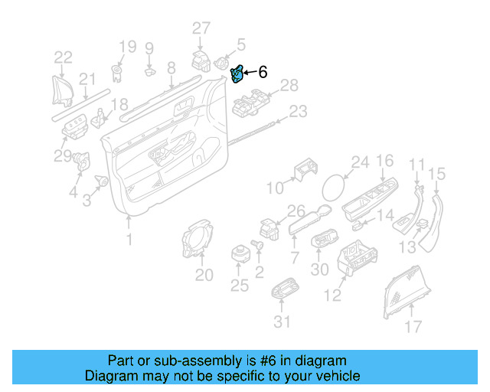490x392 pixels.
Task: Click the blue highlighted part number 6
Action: pos(237,73)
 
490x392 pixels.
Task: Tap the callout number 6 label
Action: pos(263,73)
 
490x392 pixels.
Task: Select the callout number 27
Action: pos(201,29)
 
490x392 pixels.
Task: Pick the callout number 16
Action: pos(384,161)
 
